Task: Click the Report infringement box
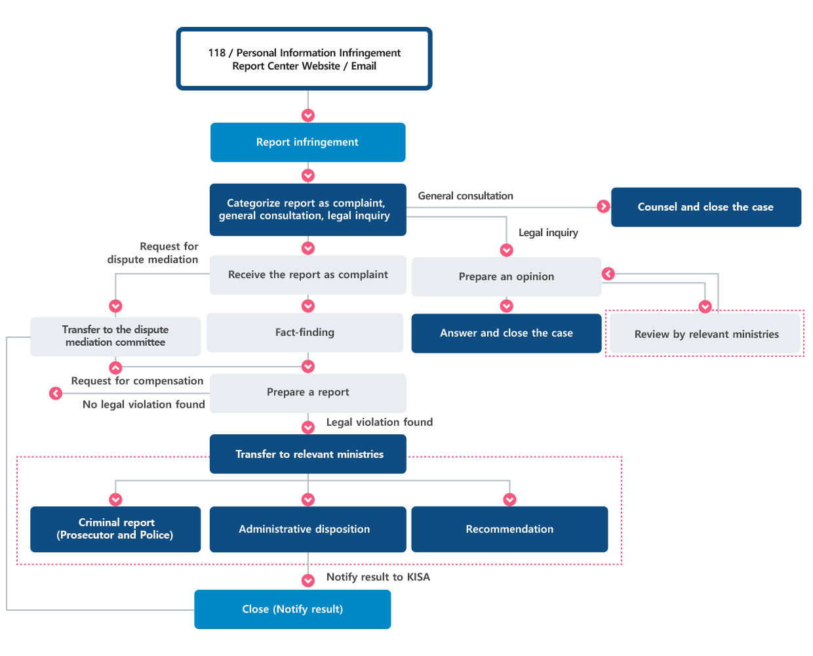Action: (308, 142)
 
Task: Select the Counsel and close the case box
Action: (706, 207)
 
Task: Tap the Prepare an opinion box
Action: (506, 277)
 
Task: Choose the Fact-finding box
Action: (305, 333)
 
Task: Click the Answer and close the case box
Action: (506, 333)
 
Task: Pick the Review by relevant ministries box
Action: (705, 333)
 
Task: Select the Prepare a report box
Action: (308, 393)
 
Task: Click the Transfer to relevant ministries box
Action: (308, 454)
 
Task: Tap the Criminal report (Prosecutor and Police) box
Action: (115, 529)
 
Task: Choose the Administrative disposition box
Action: (308, 529)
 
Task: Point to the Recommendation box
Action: (509, 529)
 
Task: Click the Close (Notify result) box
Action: (292, 609)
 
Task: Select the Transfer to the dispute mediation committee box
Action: (115, 336)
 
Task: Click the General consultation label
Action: (466, 196)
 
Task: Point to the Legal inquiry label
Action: (548, 232)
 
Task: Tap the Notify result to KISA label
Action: (378, 577)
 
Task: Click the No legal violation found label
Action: (144, 405)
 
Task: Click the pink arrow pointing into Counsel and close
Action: (603, 207)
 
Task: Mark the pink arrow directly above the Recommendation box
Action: (509, 499)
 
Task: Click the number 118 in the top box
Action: (216, 53)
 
